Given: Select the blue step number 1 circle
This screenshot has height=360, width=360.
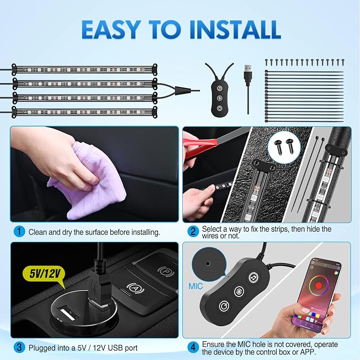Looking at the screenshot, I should pos(19,232).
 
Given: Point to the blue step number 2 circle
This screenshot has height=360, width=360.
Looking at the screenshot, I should pos(194,231).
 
